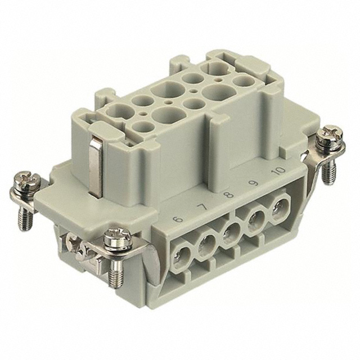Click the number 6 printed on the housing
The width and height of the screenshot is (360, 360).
pyautogui.click(x=179, y=219)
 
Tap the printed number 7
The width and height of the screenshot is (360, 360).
pyautogui.click(x=204, y=208)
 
